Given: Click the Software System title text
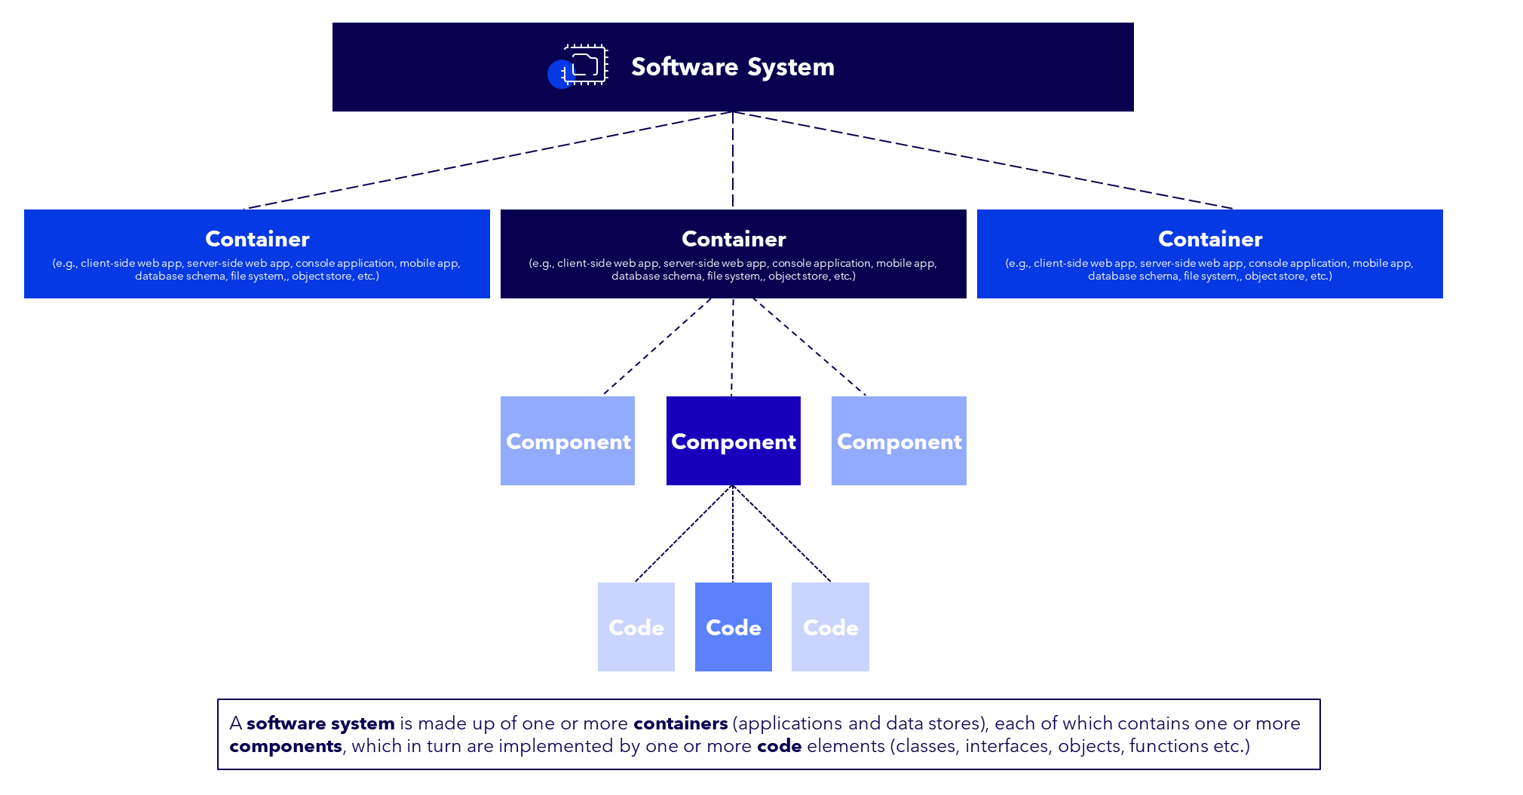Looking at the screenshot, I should click(x=732, y=67).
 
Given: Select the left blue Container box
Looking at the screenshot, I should click(x=256, y=253).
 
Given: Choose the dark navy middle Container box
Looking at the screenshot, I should click(x=733, y=253).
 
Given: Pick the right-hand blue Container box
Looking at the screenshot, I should click(x=1209, y=253).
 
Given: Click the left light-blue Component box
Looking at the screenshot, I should click(x=568, y=441).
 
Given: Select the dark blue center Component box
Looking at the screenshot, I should click(x=733, y=441).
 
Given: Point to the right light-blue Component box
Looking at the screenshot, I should click(x=899, y=441).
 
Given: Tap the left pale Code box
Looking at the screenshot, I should click(x=636, y=627).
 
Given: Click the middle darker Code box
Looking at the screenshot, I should click(x=733, y=627).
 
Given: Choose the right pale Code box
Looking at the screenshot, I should click(x=830, y=627).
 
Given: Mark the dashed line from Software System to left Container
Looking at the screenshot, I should click(x=490, y=160).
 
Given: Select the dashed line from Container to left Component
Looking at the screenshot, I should click(x=657, y=346).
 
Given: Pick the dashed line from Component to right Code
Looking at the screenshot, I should click(x=782, y=534).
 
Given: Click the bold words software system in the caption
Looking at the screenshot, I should click(x=320, y=723).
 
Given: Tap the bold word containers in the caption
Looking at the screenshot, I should click(x=680, y=723).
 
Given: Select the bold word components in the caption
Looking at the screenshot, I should click(x=285, y=746).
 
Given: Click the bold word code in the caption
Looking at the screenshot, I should click(x=779, y=746).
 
